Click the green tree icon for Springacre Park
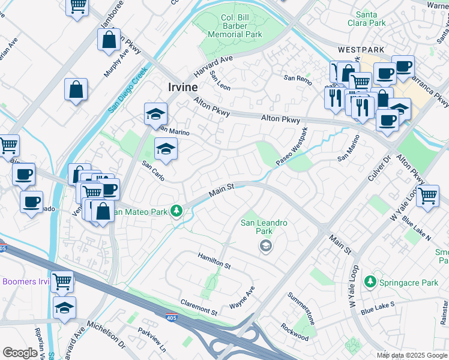coord(371,281)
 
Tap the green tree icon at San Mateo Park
coord(176,211)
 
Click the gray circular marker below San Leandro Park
coord(265,245)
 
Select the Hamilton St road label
coord(215,261)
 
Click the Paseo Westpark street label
coord(292,148)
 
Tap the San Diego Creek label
coord(128,90)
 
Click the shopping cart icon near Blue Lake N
coord(427,195)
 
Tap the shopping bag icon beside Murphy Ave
coord(109,40)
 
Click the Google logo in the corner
coord(20,353)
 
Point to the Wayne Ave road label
coord(243,298)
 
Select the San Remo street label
coord(298,79)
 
